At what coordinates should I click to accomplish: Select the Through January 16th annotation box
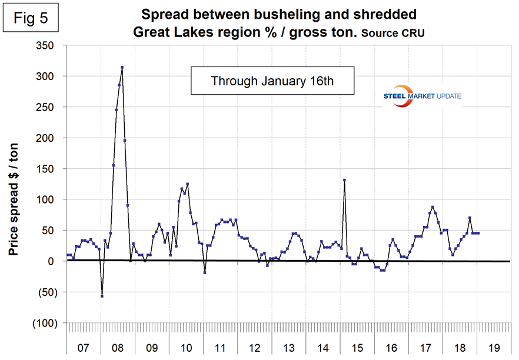point(272,81)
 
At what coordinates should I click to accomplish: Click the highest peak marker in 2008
point(122,68)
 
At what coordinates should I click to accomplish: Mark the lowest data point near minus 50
point(102,296)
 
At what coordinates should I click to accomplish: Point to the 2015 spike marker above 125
point(344,180)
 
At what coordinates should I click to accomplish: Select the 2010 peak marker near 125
point(187,184)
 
